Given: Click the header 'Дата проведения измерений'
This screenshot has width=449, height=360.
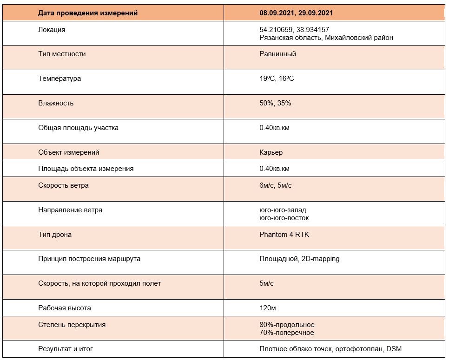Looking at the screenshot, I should click(88, 13).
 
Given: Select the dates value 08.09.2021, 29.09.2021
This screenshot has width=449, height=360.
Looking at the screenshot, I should click(296, 13).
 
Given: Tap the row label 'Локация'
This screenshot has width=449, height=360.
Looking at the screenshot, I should click(52, 30).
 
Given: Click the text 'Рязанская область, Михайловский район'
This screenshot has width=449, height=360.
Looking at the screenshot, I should click(326, 38).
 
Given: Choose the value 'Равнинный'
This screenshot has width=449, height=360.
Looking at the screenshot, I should click(277, 54).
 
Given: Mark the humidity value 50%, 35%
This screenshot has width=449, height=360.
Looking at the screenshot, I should click(275, 103).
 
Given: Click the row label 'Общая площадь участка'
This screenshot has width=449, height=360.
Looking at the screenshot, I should click(78, 128).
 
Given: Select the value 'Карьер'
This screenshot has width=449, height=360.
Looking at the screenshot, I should click(271, 152).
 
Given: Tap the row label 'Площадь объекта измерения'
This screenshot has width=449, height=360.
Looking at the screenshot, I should click(86, 169).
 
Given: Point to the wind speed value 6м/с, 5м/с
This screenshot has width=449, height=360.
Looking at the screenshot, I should click(276, 185).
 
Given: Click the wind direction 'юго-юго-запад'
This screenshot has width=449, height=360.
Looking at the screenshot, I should click(283, 210).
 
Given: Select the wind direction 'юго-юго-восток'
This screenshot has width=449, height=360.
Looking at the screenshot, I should click(284, 218).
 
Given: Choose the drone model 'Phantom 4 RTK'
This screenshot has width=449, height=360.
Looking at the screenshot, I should click(284, 235).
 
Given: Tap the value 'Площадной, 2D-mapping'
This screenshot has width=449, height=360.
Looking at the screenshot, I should click(299, 259).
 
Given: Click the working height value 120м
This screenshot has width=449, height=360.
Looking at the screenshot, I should click(268, 308).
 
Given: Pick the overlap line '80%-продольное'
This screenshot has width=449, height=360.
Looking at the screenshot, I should click(287, 325).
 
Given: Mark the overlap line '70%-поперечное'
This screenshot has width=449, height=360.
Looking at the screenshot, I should click(286, 333).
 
